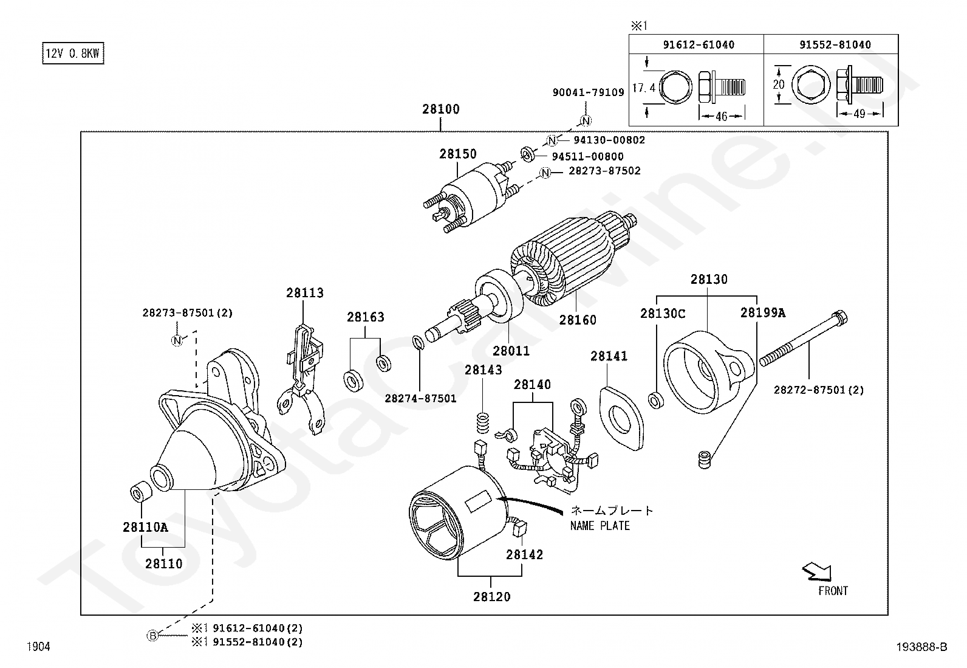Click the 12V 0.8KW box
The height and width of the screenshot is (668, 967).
point(73,53)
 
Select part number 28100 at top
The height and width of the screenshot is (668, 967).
point(441,109)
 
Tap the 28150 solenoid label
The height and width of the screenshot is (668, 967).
point(457,154)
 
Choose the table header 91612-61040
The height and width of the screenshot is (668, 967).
point(699,44)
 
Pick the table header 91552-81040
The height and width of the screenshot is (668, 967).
point(835,44)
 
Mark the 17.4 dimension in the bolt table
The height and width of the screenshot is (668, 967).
point(644,88)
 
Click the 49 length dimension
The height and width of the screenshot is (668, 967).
point(859,114)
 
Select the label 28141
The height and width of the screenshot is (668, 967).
point(609,356)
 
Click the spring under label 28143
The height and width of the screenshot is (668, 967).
point(483,422)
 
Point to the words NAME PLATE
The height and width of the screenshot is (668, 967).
point(600,526)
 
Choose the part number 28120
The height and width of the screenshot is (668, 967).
point(492,597)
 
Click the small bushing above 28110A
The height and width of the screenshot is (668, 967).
point(141,492)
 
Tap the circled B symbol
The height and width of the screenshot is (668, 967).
point(152,636)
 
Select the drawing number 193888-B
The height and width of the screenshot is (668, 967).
point(921,647)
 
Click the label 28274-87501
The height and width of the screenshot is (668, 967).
point(420,398)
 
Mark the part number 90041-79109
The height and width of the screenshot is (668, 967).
point(589,92)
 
